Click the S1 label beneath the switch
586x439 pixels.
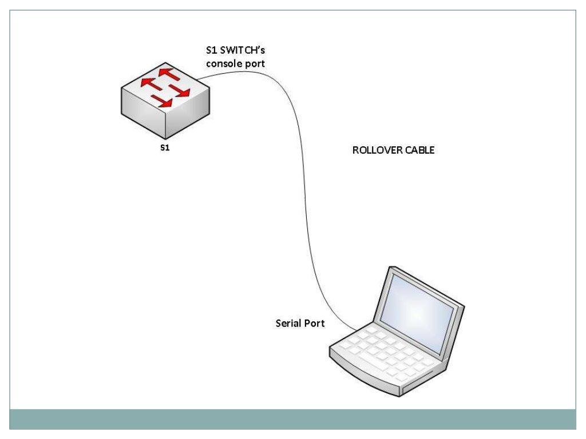click(x=165, y=147)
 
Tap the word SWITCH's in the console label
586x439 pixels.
click(x=239, y=51)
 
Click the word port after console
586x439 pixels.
click(x=256, y=64)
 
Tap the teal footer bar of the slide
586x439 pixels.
click(x=293, y=419)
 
